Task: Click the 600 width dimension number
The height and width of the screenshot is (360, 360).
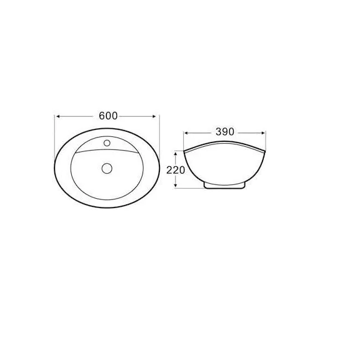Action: (x=108, y=116)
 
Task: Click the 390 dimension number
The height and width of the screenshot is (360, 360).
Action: (x=225, y=132)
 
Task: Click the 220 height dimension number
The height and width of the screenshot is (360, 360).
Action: (x=176, y=170)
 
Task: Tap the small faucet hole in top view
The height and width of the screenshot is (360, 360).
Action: (x=107, y=143)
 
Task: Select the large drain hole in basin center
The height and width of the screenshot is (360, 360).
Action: (x=107, y=168)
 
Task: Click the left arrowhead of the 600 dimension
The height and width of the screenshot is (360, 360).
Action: (x=58, y=116)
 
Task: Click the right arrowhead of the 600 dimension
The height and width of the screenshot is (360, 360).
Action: (x=154, y=116)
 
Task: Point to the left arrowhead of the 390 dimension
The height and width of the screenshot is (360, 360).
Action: (x=186, y=133)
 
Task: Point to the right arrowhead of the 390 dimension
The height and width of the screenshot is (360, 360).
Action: (x=263, y=133)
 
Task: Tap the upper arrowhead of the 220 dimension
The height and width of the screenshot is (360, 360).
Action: (x=176, y=153)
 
